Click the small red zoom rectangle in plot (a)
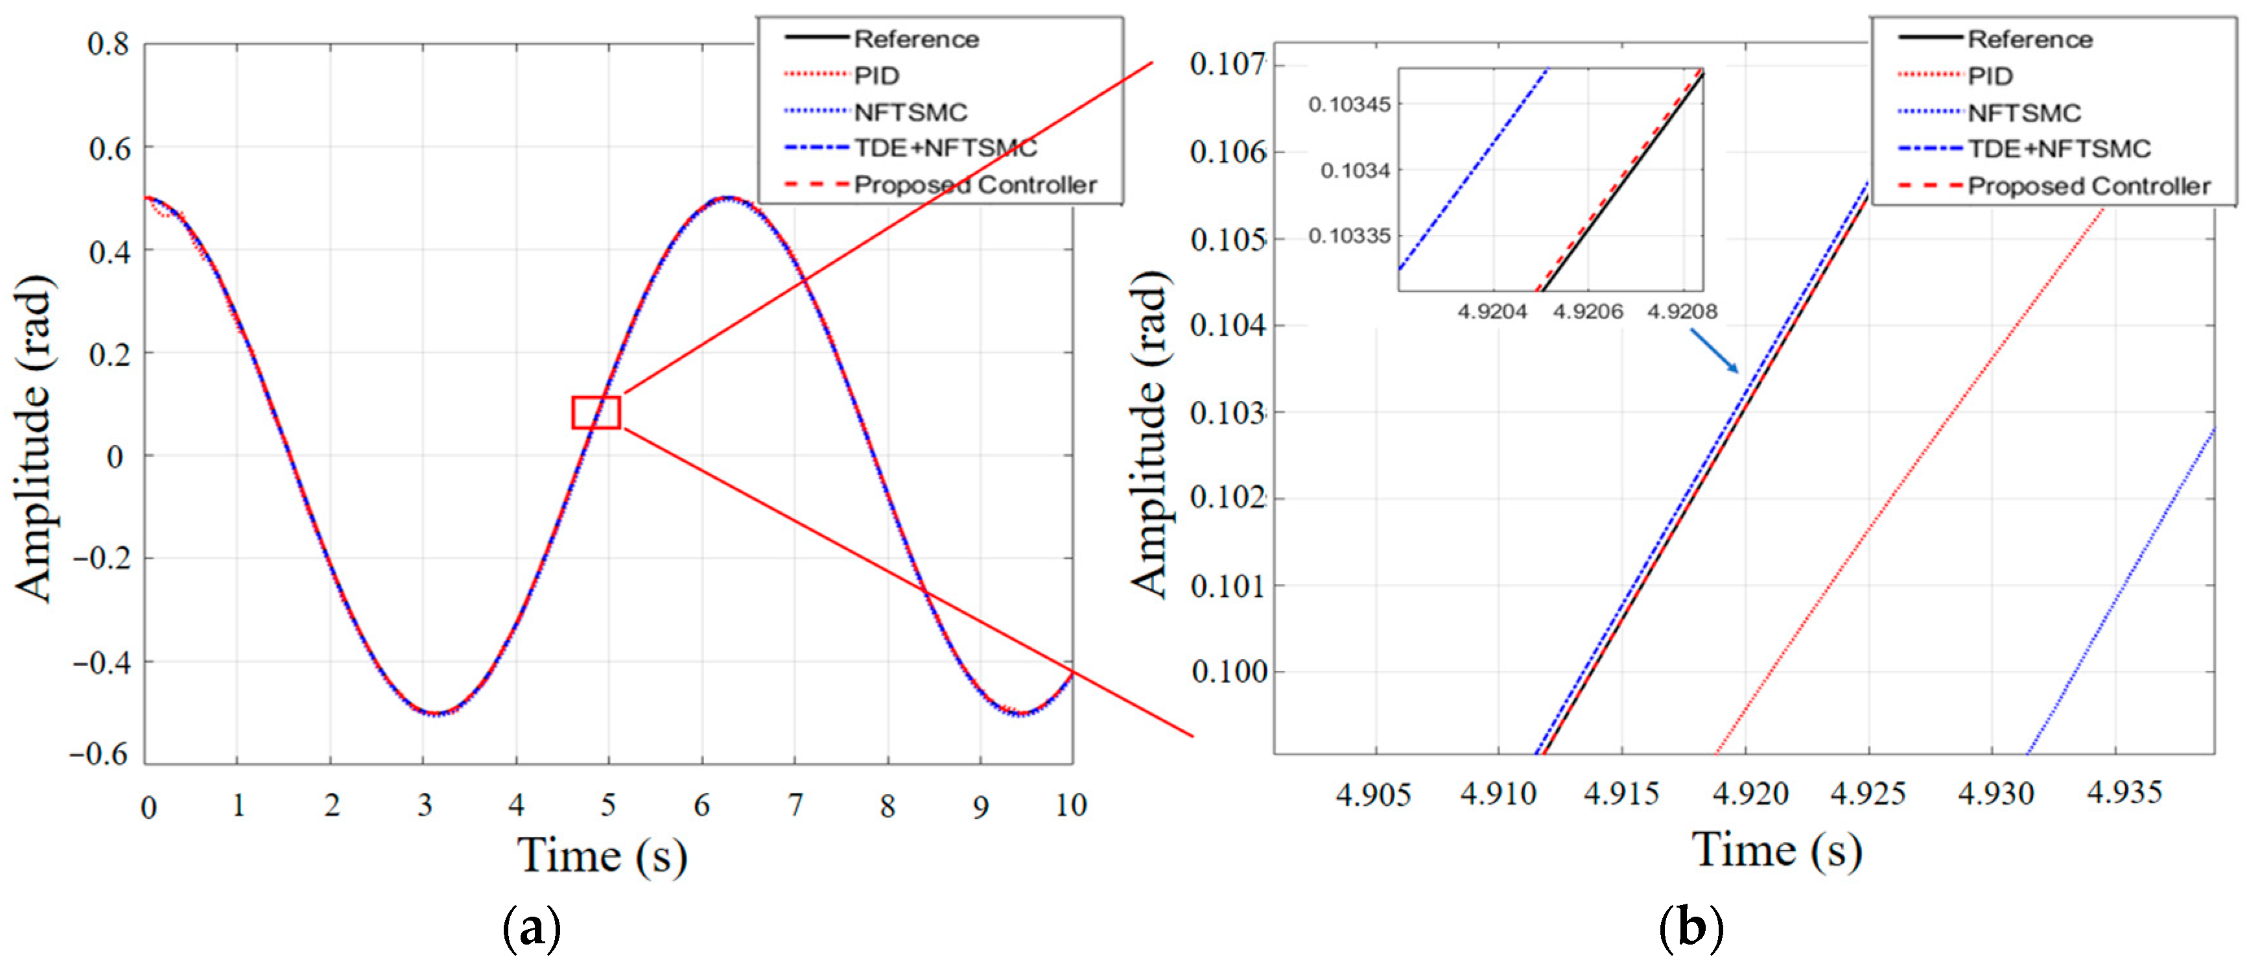596,412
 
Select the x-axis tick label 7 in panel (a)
794,805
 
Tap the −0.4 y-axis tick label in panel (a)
101,662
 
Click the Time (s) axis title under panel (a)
602,855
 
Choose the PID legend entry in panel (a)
876,76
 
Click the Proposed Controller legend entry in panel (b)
2088,186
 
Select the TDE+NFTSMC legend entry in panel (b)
2058,149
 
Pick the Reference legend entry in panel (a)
916,40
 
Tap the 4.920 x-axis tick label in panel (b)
1750,794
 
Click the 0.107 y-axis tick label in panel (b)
1227,65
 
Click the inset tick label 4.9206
1587,312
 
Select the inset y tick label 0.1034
1355,171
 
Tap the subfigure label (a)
532,928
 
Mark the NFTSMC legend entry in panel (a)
910,113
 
